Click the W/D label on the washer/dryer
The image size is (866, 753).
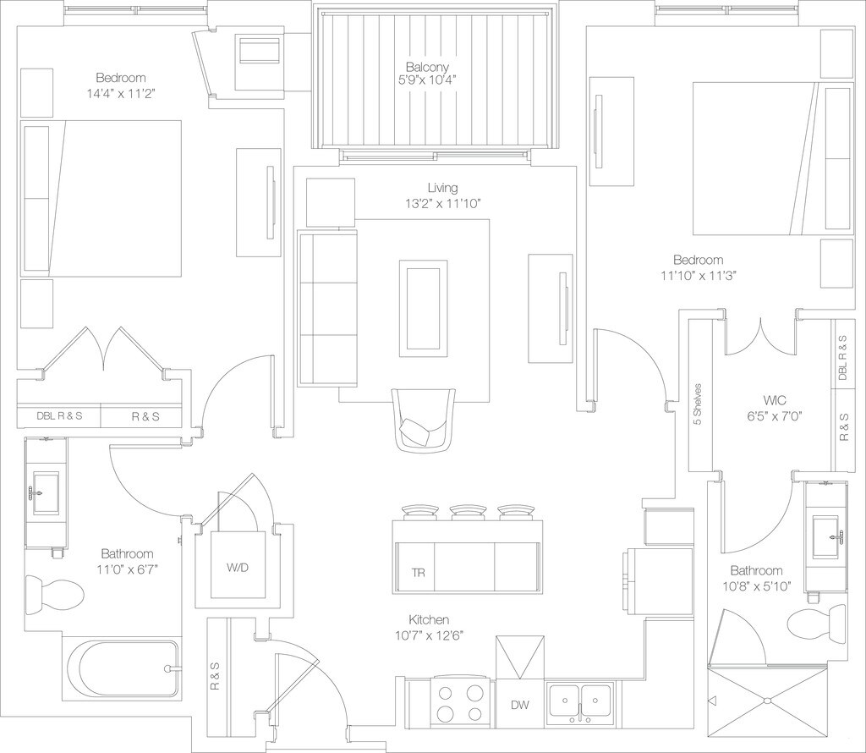(x=238, y=567)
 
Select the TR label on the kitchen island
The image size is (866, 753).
(x=418, y=573)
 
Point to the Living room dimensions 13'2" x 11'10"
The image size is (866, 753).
(x=442, y=203)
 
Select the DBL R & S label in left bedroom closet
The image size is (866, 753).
(x=59, y=416)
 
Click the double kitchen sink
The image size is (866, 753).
(x=580, y=701)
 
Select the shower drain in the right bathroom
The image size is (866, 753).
(x=767, y=700)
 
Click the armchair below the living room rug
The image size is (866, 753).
(x=425, y=421)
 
